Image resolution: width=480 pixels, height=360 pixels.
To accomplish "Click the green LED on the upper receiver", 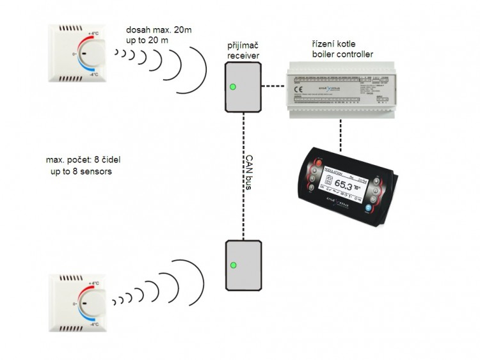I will tap(233, 86).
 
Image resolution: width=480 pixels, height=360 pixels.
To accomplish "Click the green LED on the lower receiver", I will tap(233, 265).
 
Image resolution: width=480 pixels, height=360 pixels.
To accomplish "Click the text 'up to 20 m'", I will tap(148, 40).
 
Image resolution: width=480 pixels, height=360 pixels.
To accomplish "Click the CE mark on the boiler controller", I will tap(299, 90).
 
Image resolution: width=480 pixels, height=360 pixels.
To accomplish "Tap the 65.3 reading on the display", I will tap(346, 186).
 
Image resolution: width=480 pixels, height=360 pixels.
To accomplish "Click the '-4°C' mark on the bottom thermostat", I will tap(93, 323).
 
